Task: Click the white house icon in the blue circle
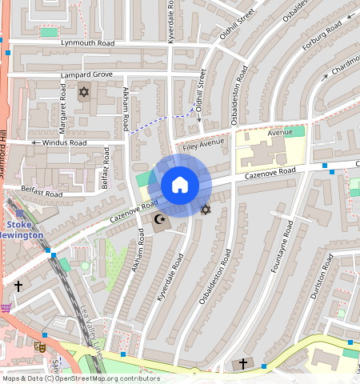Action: coord(180,186)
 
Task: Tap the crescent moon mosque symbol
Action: coord(159,218)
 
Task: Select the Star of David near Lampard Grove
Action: coord(82,93)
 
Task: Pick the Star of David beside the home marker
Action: coord(206,210)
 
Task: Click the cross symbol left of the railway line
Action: coord(18,285)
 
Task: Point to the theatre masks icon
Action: coord(38,346)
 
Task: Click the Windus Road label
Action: coord(65,142)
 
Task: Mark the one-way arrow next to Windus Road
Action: coord(35,142)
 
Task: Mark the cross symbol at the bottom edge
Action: coord(243,364)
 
